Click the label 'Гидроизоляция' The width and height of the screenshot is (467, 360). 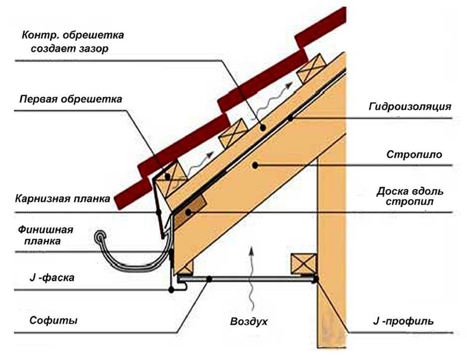(x=410, y=107)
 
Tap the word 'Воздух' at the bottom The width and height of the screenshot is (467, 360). (x=250, y=321)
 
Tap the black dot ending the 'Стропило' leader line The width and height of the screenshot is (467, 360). (x=255, y=166)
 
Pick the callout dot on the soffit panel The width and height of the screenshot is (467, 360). (x=209, y=281)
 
